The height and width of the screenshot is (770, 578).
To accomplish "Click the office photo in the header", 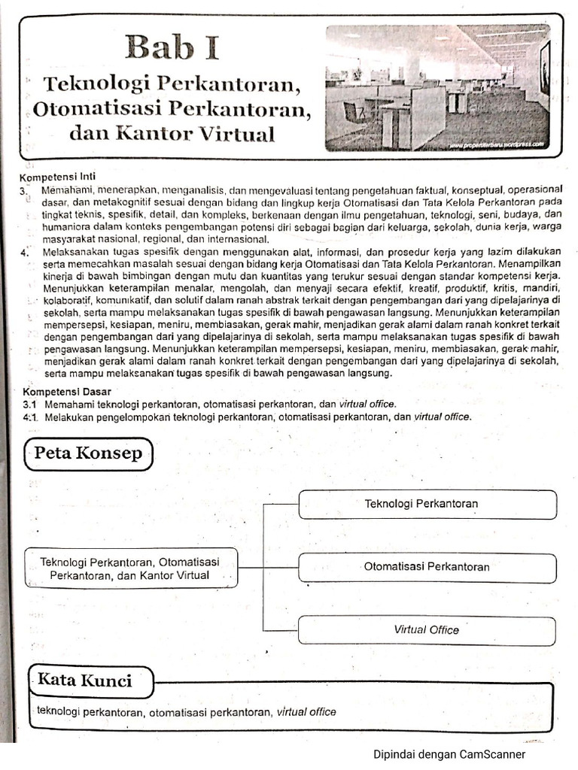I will [437, 87].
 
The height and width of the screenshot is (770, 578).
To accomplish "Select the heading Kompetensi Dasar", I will [66, 392].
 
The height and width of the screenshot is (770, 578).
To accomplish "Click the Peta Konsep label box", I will [88, 454].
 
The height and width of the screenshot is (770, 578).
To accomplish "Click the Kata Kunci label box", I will [84, 681].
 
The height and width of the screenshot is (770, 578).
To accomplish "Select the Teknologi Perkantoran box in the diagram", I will [427, 504].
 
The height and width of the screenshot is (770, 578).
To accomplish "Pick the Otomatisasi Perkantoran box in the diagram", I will [427, 568].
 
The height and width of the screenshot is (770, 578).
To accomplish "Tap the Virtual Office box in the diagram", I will [427, 630].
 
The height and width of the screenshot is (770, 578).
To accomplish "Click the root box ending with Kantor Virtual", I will [130, 568].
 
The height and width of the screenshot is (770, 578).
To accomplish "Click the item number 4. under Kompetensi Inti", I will [25, 252].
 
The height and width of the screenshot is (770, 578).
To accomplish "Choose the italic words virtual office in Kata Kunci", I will [306, 711].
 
